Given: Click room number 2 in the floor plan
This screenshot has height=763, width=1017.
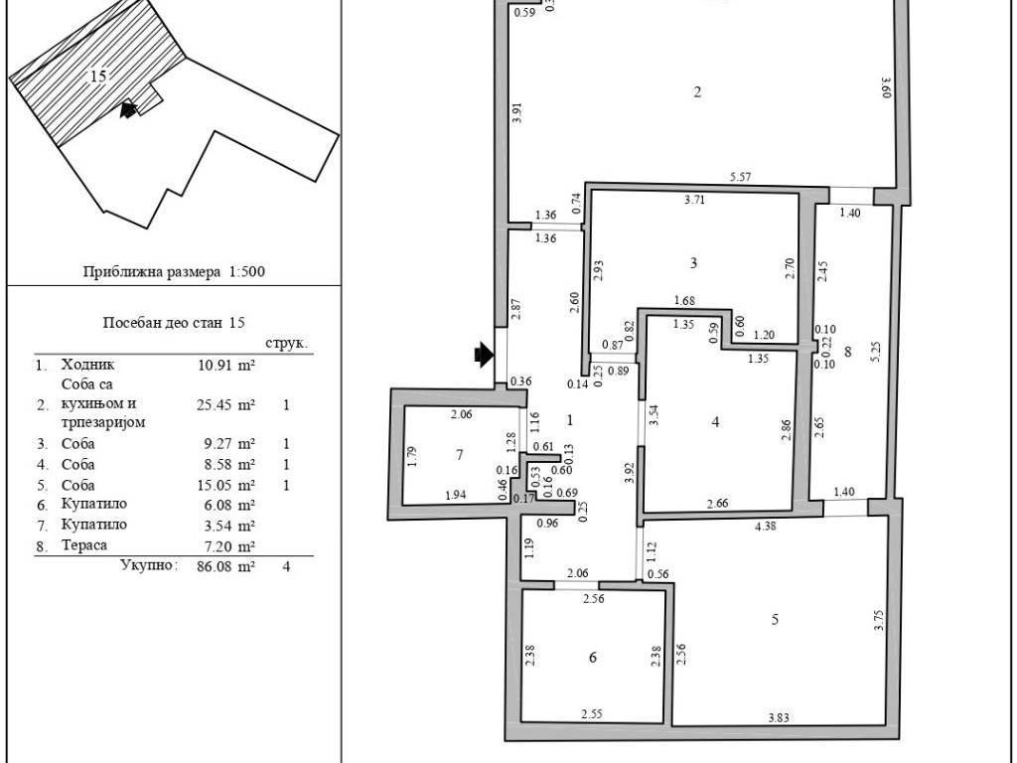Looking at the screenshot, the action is pos(697,91).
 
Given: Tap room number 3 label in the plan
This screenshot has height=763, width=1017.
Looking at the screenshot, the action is pos(693,262).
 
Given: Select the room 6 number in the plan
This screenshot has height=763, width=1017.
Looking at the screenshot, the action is pos(592,658).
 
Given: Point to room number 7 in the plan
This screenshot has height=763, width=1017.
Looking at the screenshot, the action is pos(460,455).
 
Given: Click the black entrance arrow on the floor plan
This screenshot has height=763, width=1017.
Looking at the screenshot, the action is pos(485,355).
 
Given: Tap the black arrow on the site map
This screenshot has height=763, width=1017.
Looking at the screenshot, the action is pos(128,109).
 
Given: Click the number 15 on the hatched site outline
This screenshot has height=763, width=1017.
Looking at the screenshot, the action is pos(98,76).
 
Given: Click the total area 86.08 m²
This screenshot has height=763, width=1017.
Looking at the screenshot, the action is pos(225,566).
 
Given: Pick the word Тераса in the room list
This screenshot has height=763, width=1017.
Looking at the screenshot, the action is pos(84,545).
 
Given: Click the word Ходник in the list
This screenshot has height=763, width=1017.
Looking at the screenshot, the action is pos(87,365).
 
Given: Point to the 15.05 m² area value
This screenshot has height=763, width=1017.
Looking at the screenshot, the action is pos(225,485).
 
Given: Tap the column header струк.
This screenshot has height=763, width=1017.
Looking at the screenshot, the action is pos(287,343).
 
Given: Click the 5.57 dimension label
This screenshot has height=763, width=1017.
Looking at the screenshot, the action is pos(740,177).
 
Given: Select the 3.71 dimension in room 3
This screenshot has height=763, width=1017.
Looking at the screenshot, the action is pos(694,199).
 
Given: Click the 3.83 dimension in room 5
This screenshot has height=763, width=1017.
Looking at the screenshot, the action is pos(779,717).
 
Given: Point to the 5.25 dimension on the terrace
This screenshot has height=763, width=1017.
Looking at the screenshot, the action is pos(876,351).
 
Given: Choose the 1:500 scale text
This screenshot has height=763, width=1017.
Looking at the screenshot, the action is pos(247,271).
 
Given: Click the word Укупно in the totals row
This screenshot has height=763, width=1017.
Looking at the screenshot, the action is pos(149,565).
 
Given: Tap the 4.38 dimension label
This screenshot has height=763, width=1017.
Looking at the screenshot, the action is pos(766,527).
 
